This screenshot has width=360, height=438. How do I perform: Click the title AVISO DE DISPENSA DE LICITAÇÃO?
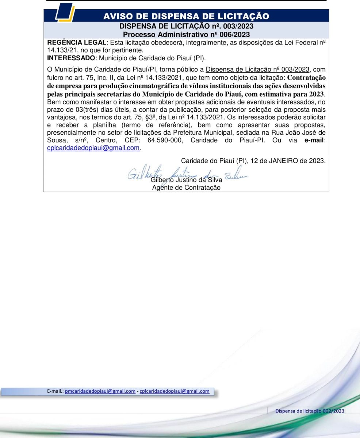(186, 16)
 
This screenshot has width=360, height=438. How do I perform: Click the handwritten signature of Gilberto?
(183, 175)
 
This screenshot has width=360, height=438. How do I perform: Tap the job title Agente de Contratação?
(186, 188)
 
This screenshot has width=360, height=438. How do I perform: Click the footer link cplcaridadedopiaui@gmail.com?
(175, 391)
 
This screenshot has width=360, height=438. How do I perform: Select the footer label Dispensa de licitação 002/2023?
(310, 411)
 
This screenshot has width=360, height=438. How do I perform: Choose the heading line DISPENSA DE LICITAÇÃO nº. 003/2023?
(186, 26)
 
